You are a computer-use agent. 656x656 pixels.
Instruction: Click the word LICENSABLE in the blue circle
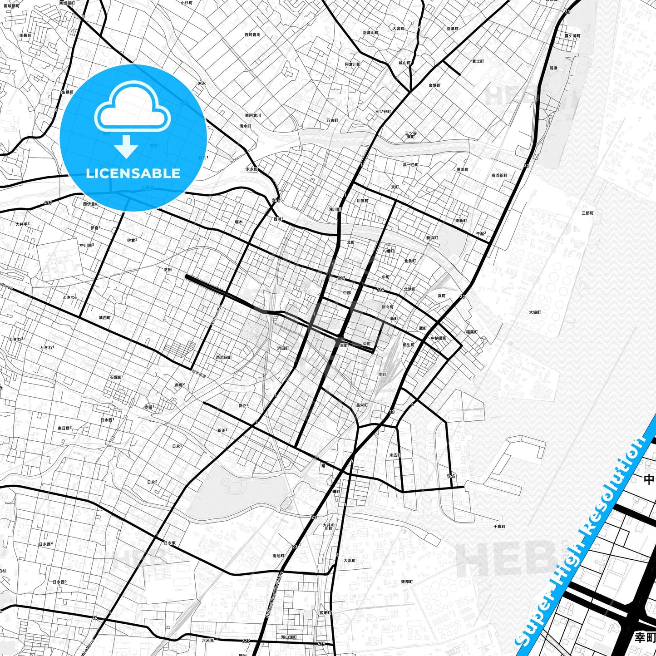coord(133,173)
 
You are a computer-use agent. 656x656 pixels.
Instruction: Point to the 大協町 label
coord(535,312)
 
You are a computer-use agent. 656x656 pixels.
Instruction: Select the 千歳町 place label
coord(499,526)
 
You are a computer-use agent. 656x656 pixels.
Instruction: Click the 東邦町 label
coord(407,582)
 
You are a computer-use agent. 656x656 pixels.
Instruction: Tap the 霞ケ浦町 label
coord(572,35)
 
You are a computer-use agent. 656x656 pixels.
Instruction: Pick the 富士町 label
coord(478,61)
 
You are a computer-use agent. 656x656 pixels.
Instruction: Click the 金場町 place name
coord(434,85)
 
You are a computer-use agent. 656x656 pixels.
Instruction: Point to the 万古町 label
coord(332,120)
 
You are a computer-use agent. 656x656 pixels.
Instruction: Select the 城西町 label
coord(104,317)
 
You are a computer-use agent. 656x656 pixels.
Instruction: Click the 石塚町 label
coord(115,377)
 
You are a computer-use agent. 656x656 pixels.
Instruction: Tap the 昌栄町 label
coord(362,404)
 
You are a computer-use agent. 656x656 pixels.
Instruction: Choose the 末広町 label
coord(395,455)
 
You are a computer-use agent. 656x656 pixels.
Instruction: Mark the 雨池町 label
coord(278,556)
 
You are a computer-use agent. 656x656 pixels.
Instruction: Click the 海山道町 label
coord(288,637)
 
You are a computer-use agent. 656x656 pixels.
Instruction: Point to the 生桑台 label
coord(25,35)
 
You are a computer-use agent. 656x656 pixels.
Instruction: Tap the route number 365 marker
coord(276,200)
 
